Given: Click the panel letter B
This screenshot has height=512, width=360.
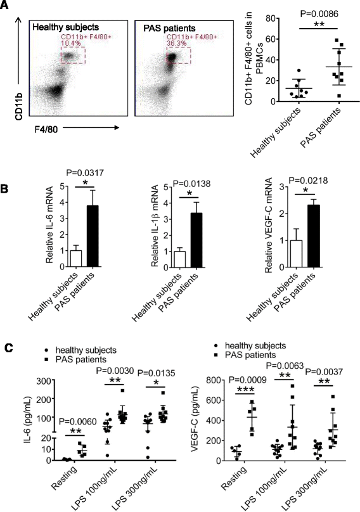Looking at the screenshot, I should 6,189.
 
